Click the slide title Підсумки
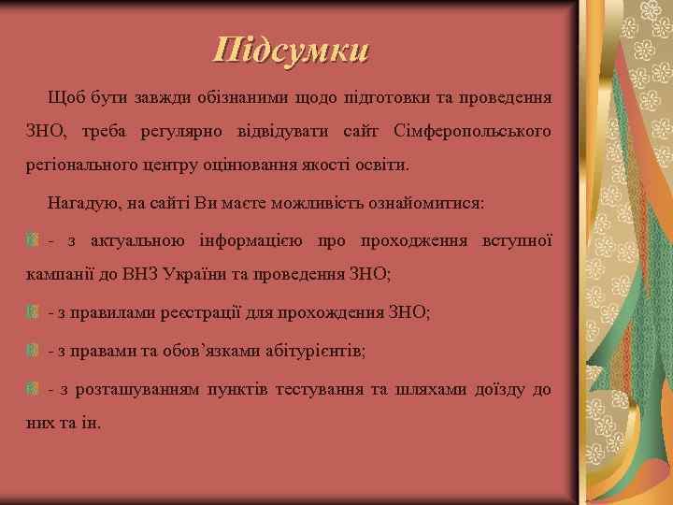(291, 49)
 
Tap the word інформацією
(251, 241)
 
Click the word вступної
(515, 241)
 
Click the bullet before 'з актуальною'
(33, 241)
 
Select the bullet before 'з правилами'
(33, 311)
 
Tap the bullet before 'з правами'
(33, 350)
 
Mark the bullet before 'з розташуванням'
(33, 388)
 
